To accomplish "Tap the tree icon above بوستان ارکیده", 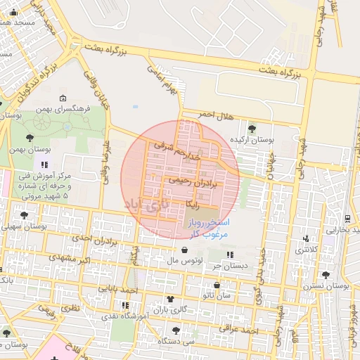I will (x=252, y=127).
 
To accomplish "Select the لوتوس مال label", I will (x=185, y=261).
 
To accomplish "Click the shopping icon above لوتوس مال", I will (x=184, y=250).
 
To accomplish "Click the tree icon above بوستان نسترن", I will (x=325, y=275).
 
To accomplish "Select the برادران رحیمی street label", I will (x=191, y=180).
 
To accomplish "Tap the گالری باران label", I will (x=169, y=310).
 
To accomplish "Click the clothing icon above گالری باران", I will (x=169, y=299).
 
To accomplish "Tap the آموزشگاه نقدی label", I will (x=116, y=317).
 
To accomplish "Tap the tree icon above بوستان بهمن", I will (x=29, y=138).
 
